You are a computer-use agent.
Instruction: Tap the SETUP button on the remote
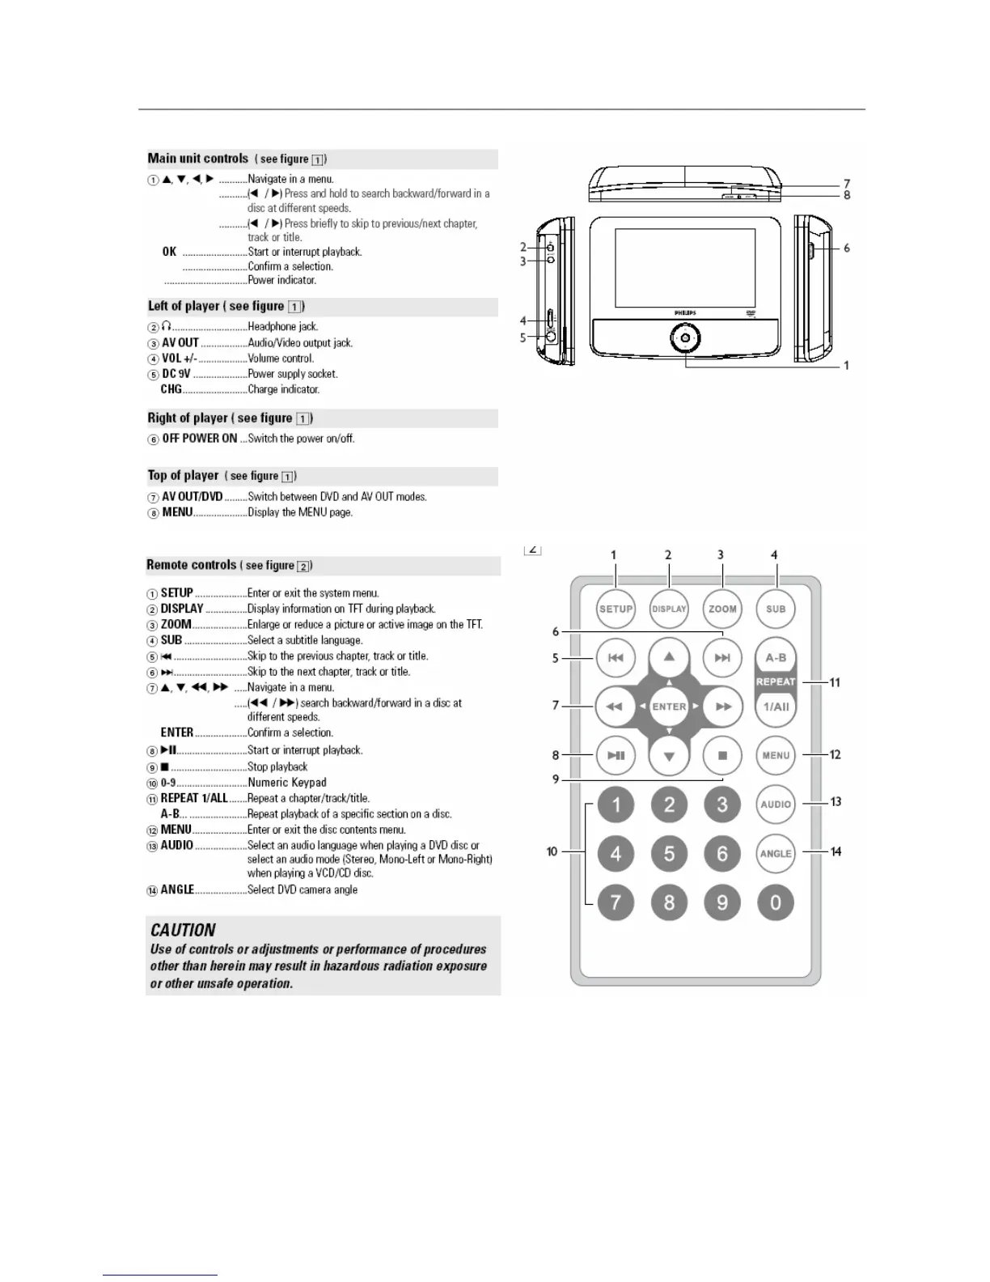616,609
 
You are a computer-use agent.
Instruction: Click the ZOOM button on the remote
722,609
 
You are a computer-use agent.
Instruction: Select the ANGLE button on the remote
776,854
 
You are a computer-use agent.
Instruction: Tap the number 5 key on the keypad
669,854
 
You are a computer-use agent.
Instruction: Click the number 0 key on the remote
776,902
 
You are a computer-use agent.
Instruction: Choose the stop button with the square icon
722,756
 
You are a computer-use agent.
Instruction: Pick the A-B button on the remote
776,658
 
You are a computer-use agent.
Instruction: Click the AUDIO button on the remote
776,804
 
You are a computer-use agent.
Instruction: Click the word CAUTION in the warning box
184,931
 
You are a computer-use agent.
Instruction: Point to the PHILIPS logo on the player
685,312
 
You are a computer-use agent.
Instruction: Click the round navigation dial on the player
685,337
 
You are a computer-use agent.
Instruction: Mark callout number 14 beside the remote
836,851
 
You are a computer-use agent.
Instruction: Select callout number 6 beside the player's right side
847,248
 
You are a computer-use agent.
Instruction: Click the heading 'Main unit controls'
198,159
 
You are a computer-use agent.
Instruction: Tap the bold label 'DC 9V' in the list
176,374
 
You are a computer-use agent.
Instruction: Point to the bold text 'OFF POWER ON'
200,439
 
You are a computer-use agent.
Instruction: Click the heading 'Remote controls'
192,565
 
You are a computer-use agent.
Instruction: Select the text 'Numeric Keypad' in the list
287,783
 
